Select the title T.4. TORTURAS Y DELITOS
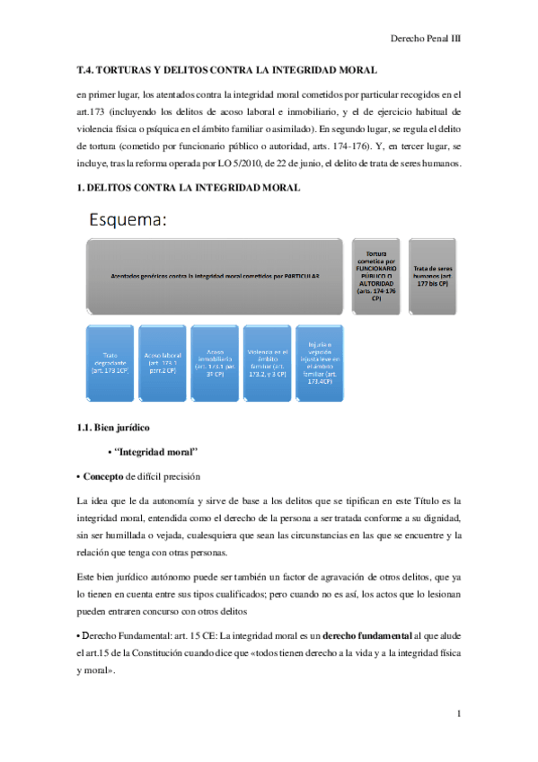[x=226, y=69]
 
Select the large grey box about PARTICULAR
[x=214, y=276]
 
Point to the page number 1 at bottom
[x=458, y=713]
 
